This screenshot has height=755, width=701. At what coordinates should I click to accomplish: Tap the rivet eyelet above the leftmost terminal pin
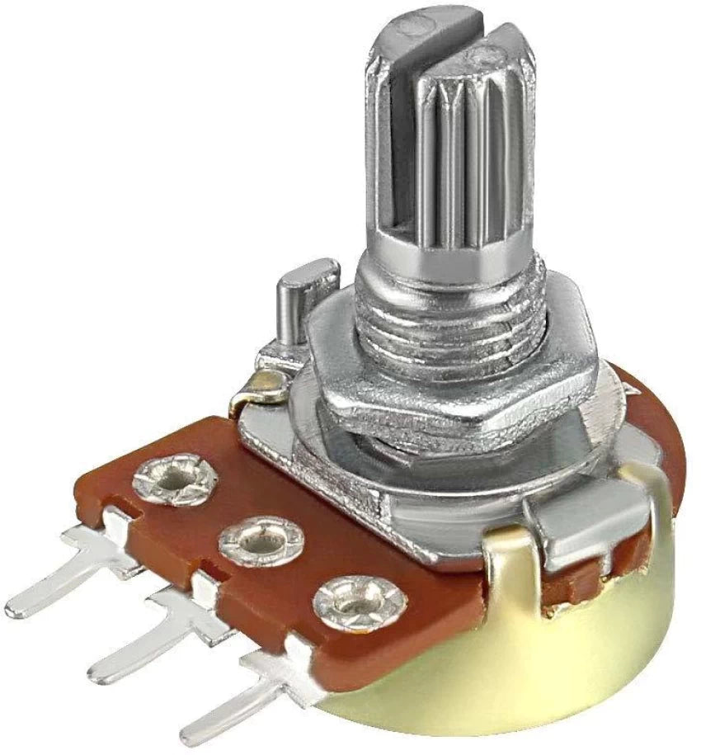[x=174, y=477]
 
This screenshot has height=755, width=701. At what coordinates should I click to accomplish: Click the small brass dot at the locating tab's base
[x=266, y=381]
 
